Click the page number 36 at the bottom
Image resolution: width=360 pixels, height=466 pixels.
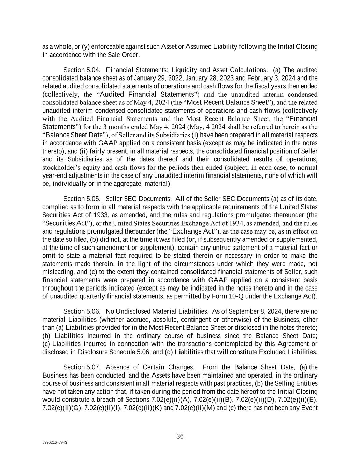180,436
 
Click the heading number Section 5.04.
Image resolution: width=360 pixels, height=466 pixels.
82,70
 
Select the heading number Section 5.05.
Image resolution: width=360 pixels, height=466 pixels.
82,199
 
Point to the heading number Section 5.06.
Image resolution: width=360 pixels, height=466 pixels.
82,311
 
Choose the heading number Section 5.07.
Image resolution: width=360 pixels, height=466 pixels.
82,367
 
